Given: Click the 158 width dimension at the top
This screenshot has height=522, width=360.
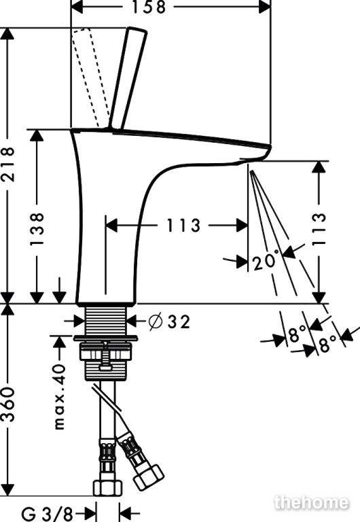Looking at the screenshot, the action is [x=149, y=7].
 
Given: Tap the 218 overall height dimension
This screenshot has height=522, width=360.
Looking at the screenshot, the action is [x=8, y=164].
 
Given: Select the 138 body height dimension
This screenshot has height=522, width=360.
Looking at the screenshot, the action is [x=37, y=228].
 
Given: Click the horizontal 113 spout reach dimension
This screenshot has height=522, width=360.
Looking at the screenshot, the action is [x=183, y=226].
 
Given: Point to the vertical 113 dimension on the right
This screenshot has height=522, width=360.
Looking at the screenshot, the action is [x=319, y=228].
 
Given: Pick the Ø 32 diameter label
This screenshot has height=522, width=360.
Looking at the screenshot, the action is [x=170, y=322].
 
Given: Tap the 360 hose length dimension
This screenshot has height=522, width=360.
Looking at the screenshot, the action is [x=8, y=404].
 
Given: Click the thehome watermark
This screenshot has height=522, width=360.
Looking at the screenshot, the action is [x=312, y=502].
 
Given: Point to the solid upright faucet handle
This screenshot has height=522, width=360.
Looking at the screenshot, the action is [x=128, y=78].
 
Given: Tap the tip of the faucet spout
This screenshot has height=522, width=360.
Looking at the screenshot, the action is [x=270, y=147].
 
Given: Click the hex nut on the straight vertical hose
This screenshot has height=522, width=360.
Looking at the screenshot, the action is [x=106, y=487].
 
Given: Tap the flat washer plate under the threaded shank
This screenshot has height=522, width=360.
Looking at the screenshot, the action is [x=106, y=338].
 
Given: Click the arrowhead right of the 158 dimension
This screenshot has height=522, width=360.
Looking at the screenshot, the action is [x=265, y=7].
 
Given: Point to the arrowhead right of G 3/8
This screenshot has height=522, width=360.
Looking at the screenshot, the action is [x=125, y=513].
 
